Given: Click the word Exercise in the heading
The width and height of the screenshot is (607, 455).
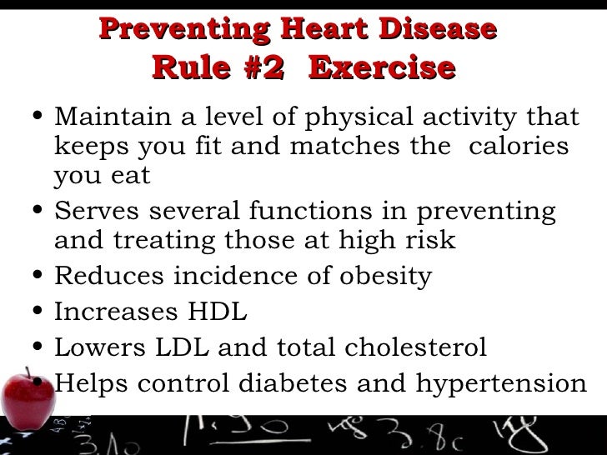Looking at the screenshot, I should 382,67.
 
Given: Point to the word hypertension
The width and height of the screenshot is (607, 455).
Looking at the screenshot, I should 502,384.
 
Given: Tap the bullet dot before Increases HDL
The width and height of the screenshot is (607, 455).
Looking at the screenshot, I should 34,313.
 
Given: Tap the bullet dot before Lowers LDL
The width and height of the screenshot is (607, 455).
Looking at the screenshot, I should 34,348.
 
